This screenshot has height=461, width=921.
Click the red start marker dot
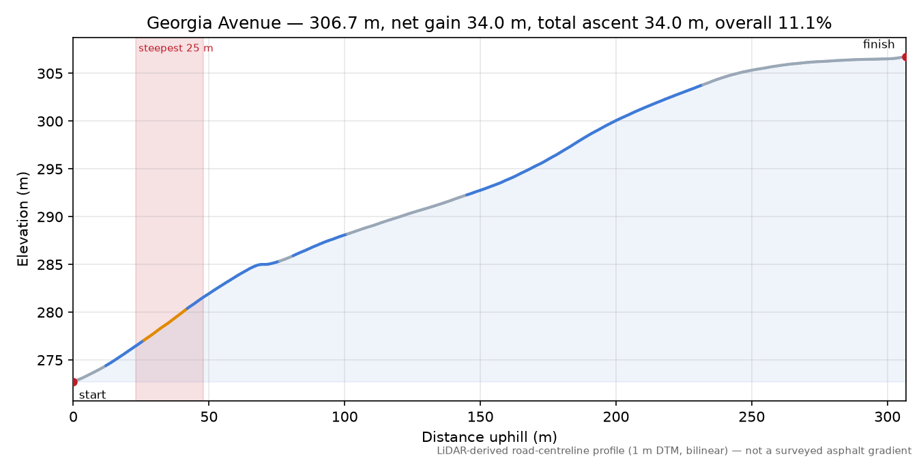point(74,382)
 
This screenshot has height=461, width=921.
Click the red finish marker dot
point(905,57)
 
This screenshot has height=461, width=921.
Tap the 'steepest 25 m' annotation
point(175,48)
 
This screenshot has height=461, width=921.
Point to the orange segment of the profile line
point(164,325)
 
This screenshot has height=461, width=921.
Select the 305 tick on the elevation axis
point(50,74)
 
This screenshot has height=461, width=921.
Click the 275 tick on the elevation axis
point(50,360)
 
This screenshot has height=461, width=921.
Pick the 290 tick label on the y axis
point(50,217)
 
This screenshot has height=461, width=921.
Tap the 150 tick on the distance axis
point(480,417)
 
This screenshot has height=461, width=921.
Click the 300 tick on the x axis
point(888,417)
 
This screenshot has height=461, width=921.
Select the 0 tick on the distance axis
point(73,417)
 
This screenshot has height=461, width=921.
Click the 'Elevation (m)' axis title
point(23,219)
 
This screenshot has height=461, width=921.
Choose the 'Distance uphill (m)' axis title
point(489,436)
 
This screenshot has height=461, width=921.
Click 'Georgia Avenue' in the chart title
point(214,23)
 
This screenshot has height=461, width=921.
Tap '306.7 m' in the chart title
point(344,23)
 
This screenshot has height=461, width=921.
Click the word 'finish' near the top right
point(879,44)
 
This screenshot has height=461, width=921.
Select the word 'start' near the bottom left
point(93,395)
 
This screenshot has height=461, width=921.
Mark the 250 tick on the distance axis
point(752,417)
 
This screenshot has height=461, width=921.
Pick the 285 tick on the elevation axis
point(50,265)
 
